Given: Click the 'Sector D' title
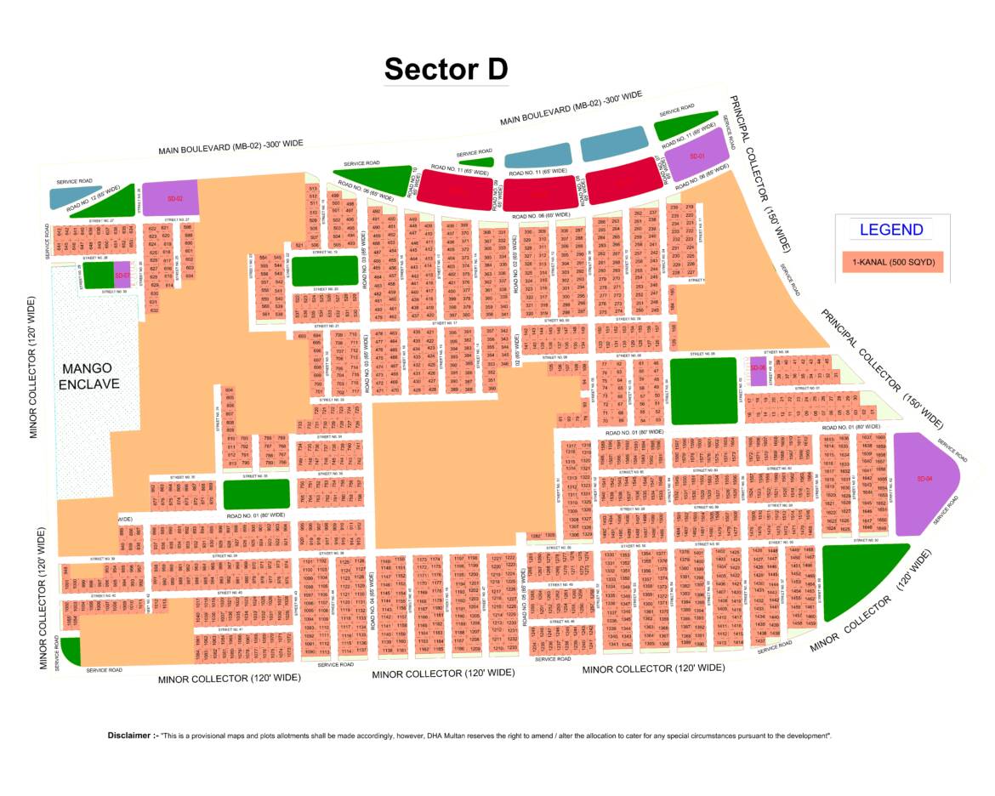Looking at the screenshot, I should (446, 69).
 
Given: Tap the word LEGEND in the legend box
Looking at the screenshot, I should (890, 230).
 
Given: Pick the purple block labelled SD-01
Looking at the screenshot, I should (697, 156).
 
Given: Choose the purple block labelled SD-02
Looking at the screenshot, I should (170, 198).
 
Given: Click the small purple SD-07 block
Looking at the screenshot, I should (122, 276).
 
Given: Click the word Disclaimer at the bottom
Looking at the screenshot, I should (133, 735).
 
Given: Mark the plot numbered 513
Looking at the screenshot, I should (313, 188).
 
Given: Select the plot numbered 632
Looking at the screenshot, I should (154, 310).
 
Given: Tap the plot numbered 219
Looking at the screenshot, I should (690, 208).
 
